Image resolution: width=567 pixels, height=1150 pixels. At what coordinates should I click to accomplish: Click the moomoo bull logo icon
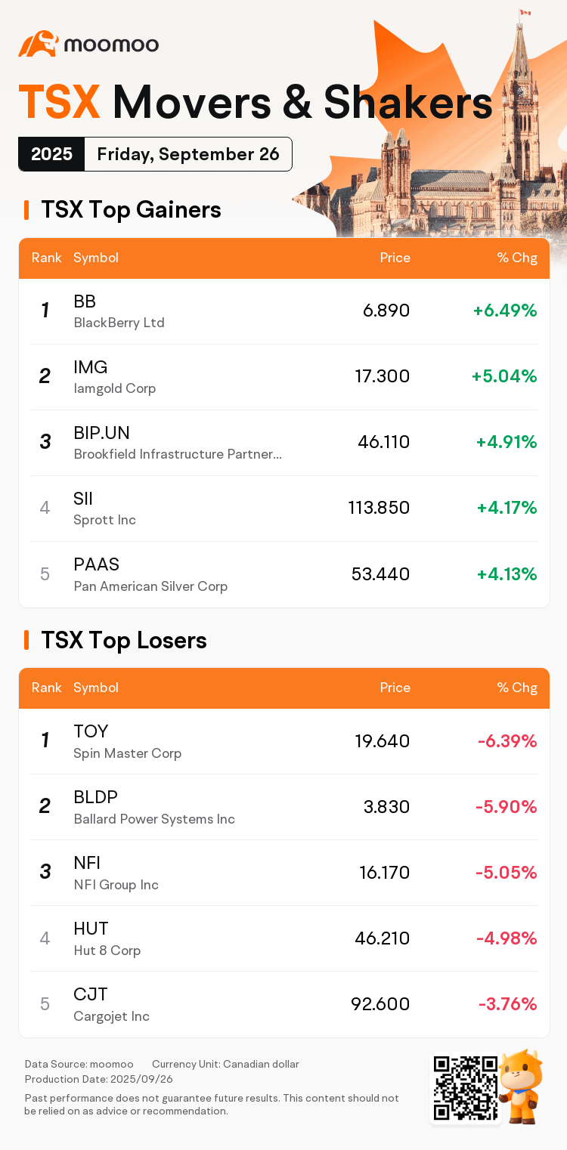38,44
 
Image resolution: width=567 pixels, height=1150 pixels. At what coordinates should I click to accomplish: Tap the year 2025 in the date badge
51,154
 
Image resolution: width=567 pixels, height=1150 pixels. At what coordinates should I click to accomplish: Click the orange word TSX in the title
59,102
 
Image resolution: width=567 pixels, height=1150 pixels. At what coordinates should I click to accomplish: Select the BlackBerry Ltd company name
119,323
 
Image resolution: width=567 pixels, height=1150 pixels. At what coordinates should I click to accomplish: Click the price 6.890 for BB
386,311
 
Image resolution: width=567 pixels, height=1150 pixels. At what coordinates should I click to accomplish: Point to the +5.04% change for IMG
503,376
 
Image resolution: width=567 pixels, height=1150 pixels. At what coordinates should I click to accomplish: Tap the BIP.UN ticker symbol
101,433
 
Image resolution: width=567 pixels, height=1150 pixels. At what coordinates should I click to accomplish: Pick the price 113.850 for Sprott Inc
379,508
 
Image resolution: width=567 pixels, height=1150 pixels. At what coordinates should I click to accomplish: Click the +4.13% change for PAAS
507,574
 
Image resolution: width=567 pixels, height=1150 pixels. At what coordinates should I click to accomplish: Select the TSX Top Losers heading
123,640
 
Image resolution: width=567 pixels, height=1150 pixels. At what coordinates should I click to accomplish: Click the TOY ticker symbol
91,731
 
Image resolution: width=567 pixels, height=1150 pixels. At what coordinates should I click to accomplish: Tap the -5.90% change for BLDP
506,807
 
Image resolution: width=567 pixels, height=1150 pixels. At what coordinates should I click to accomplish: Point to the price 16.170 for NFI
384,873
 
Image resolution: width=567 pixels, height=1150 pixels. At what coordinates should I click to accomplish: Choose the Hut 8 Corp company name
107,951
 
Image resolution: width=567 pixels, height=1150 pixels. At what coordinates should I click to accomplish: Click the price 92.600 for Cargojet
380,1004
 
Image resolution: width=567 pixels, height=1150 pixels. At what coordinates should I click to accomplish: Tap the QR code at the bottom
465,1088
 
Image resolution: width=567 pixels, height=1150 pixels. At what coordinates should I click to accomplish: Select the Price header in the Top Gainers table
395,258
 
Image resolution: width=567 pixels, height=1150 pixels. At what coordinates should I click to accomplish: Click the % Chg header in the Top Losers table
517,688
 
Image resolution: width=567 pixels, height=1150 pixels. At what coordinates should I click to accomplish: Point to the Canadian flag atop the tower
525,13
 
